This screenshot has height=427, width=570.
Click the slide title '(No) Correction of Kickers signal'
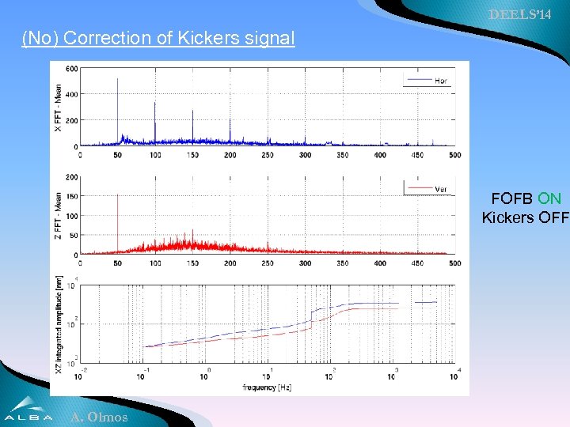[158, 37]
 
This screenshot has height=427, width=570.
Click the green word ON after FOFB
[549, 199]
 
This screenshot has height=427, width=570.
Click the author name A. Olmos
[98, 417]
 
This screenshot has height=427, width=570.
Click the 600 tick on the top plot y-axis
[71, 68]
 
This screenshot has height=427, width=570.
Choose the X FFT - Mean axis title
[57, 107]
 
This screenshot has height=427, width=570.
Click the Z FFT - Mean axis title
[57, 215]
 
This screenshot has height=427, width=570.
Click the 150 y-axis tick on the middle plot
[71, 196]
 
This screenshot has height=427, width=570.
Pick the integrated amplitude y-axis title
[57, 324]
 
